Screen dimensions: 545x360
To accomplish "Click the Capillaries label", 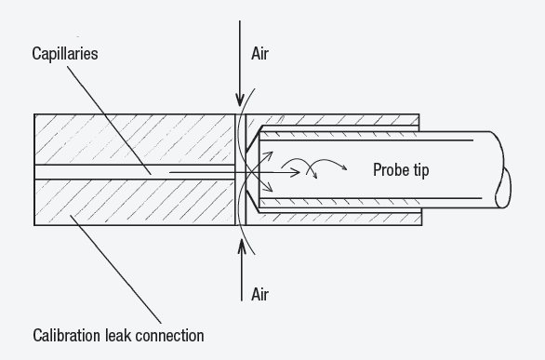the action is point(65,54).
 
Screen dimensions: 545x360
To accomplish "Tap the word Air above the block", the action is point(260,54).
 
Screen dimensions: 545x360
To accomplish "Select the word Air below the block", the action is point(260,294).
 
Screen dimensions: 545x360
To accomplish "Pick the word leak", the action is point(118,336).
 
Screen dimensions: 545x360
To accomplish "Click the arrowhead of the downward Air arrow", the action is point(240,100).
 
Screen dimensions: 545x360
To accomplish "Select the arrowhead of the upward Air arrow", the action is point(242,246).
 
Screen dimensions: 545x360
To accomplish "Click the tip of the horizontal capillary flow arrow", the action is point(299,172).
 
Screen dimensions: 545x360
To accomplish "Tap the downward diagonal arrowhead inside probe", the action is point(269,188).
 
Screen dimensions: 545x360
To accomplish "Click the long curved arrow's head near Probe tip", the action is point(344,167).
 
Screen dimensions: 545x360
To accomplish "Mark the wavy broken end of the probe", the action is point(503,171).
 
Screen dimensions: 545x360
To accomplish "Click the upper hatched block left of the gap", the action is point(135,140).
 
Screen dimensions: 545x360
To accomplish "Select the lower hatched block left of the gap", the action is point(135,202).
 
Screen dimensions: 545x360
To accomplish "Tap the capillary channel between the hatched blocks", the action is point(135,172).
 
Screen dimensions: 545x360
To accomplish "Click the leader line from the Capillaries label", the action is point(109,120).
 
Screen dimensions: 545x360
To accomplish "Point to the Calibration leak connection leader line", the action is point(115,270).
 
